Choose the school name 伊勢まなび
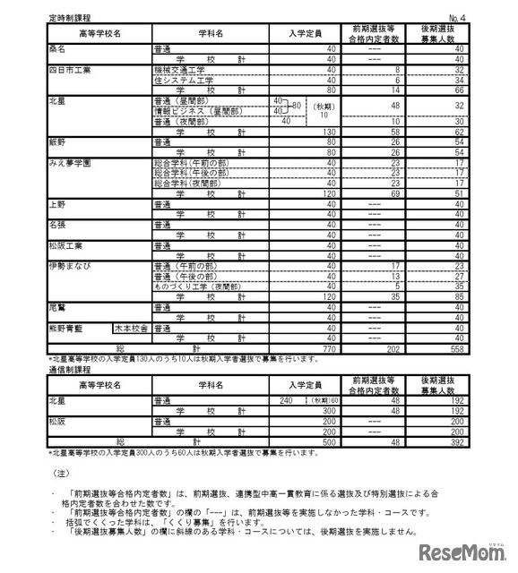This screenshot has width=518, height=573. click(68, 266)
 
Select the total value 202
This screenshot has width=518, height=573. click(391, 350)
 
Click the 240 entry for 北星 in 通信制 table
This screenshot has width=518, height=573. click(287, 401)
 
